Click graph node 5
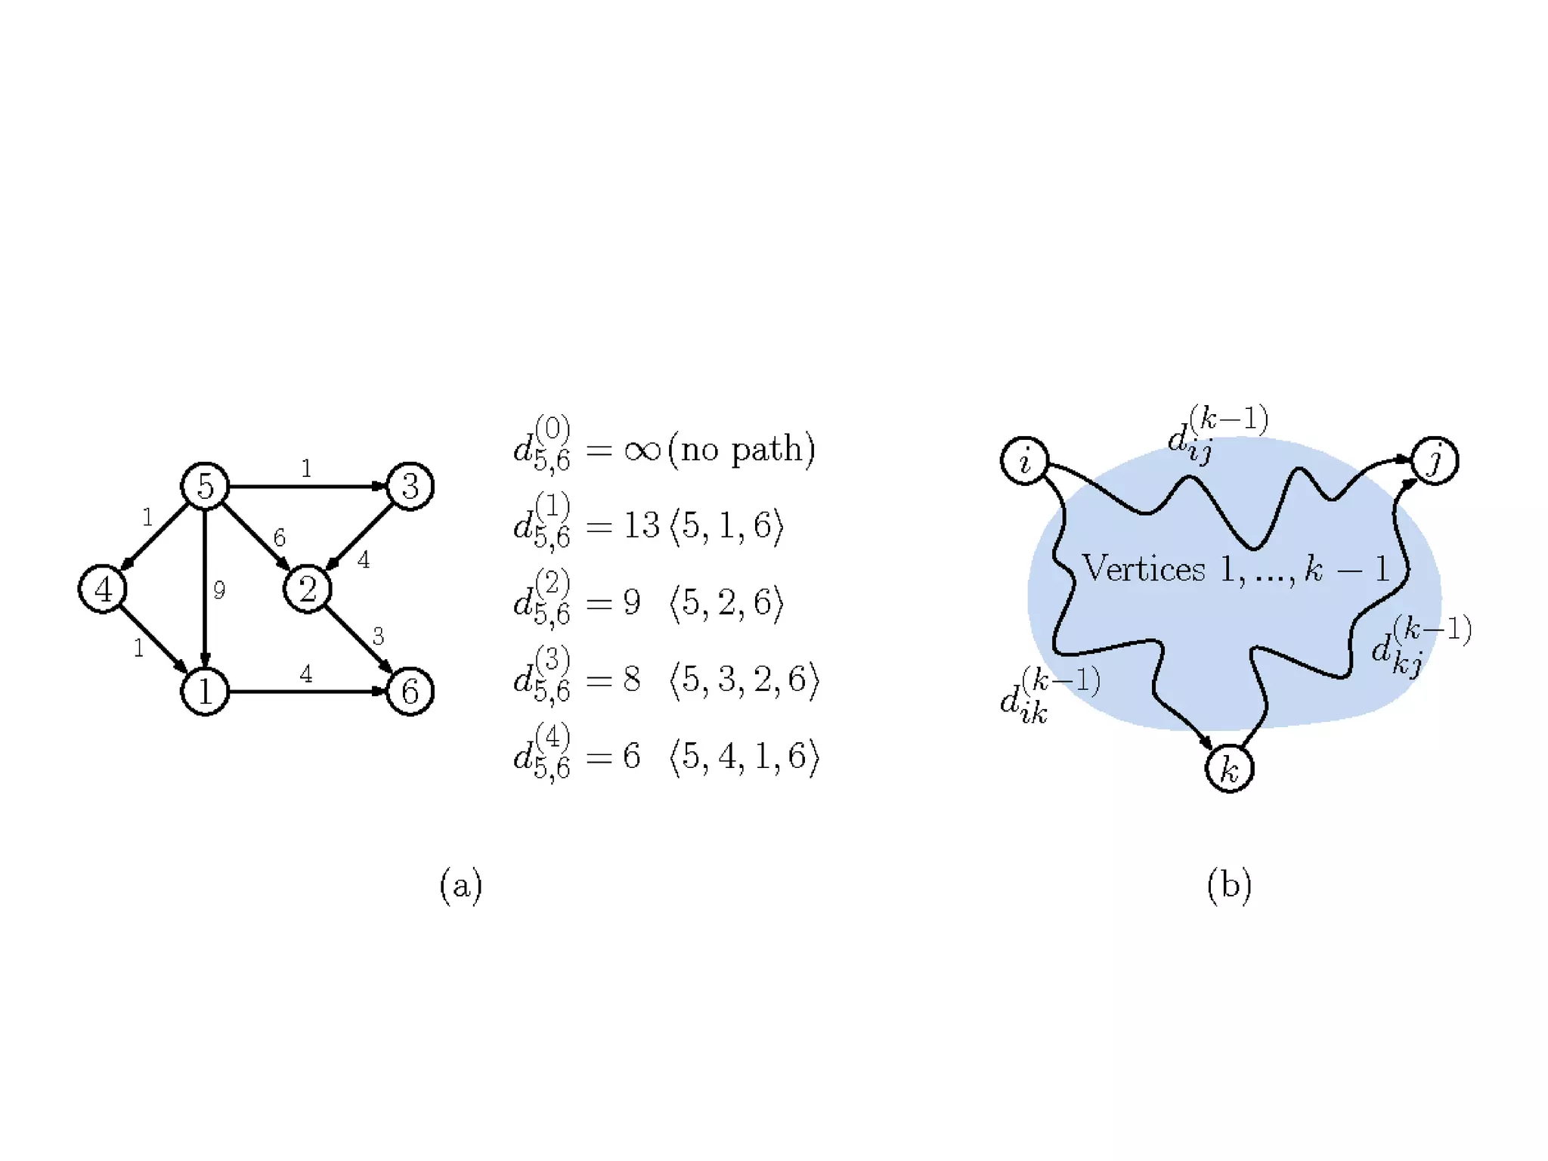[x=205, y=485]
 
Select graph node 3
[x=410, y=485]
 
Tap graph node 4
[x=103, y=589]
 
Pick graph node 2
[x=307, y=589]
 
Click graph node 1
[x=205, y=691]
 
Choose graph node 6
[x=410, y=691]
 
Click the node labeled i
[x=1024, y=460]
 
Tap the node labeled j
[x=1434, y=460]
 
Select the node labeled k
[x=1229, y=769]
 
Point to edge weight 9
[x=219, y=590]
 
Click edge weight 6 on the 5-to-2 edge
[x=280, y=537]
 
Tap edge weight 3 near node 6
[x=378, y=636]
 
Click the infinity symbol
[x=642, y=451]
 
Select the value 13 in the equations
[x=642, y=525]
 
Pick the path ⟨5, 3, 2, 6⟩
[x=744, y=680]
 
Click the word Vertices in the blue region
[x=1144, y=568]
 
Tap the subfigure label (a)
[x=460, y=884]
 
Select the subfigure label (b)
[x=1229, y=884]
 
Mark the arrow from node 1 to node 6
[x=307, y=691]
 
